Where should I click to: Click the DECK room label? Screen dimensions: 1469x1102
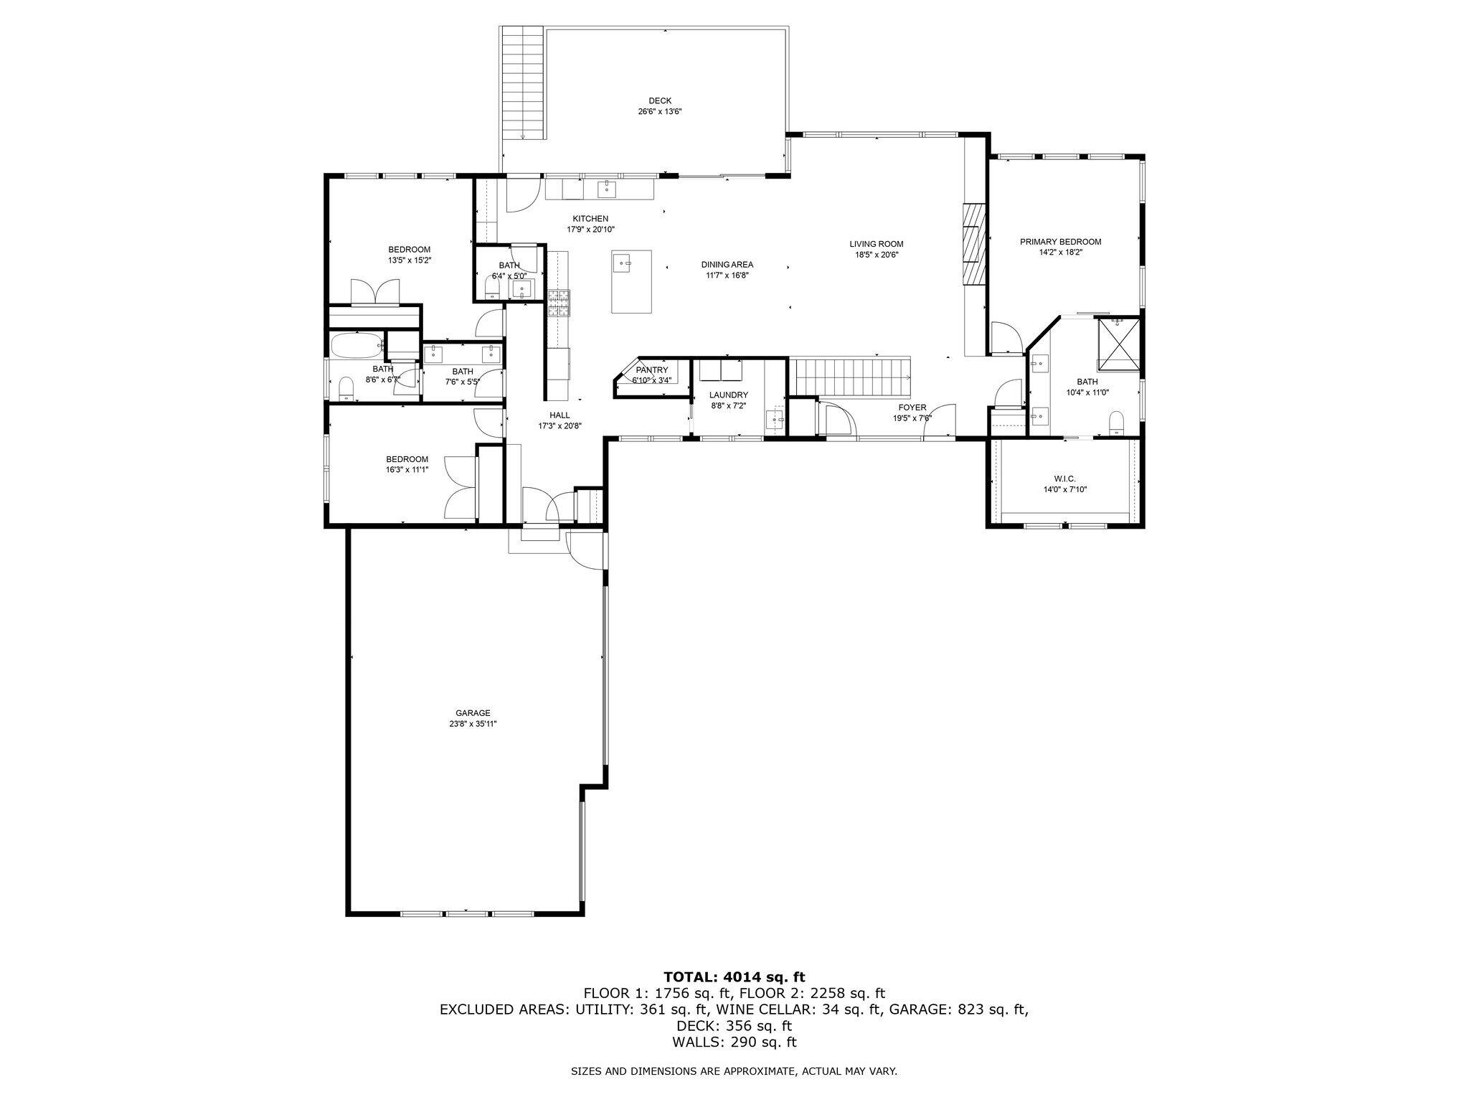(660, 101)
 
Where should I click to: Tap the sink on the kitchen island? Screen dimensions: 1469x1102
(622, 263)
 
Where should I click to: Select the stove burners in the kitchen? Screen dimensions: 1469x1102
(559, 303)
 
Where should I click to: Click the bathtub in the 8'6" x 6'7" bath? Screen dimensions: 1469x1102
(357, 347)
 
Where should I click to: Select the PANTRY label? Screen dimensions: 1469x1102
(652, 370)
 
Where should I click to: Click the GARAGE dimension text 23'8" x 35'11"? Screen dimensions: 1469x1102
(473, 724)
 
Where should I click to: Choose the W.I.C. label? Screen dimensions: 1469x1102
(1064, 479)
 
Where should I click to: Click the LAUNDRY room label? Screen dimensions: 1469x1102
(729, 395)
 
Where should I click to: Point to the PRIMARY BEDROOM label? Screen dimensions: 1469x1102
(1060, 242)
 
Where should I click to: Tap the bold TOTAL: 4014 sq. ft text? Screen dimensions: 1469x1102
(734, 976)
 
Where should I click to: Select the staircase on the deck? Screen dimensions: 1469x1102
(522, 83)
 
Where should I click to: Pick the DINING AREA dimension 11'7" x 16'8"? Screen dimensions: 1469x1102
(727, 275)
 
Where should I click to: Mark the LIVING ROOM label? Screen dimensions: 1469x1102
(877, 244)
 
